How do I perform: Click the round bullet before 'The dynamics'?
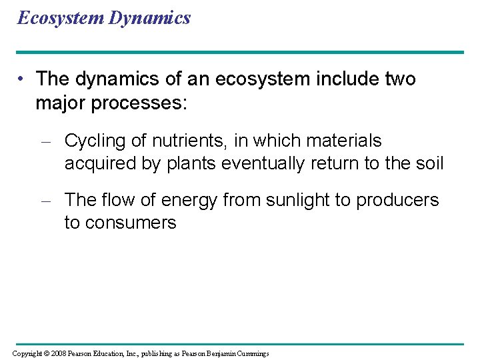click(23, 79)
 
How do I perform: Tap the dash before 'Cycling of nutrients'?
click(46, 142)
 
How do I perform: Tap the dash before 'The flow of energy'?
click(46, 201)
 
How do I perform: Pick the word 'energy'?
click(188, 200)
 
